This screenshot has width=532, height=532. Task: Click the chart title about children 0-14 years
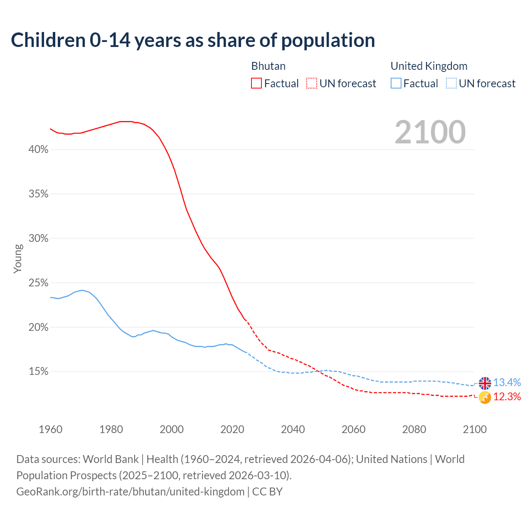click(193, 40)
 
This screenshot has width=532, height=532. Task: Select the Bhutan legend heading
click(268, 66)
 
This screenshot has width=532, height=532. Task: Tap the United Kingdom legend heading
click(429, 66)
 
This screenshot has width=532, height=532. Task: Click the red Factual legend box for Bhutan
click(256, 84)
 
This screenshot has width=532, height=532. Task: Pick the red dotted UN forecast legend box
click(312, 84)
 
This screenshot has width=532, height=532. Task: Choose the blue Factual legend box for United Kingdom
click(396, 84)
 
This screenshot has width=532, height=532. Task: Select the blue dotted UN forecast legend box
click(451, 84)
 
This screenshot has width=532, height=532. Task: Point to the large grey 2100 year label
click(430, 132)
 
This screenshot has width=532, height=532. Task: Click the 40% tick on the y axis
click(39, 150)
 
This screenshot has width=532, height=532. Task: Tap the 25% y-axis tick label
click(39, 283)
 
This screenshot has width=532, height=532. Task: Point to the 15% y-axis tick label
click(39, 372)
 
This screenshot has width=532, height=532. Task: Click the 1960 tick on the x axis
click(50, 429)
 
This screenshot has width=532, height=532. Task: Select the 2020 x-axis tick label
click(232, 429)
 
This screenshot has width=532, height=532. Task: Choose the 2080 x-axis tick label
click(414, 429)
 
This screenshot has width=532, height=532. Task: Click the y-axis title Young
click(18, 259)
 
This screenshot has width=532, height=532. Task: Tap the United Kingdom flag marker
click(485, 383)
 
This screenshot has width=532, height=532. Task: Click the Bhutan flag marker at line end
click(485, 397)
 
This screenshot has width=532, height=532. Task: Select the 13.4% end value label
click(507, 382)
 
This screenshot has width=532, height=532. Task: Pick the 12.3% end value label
click(507, 397)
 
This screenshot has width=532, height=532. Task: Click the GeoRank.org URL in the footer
click(130, 492)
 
